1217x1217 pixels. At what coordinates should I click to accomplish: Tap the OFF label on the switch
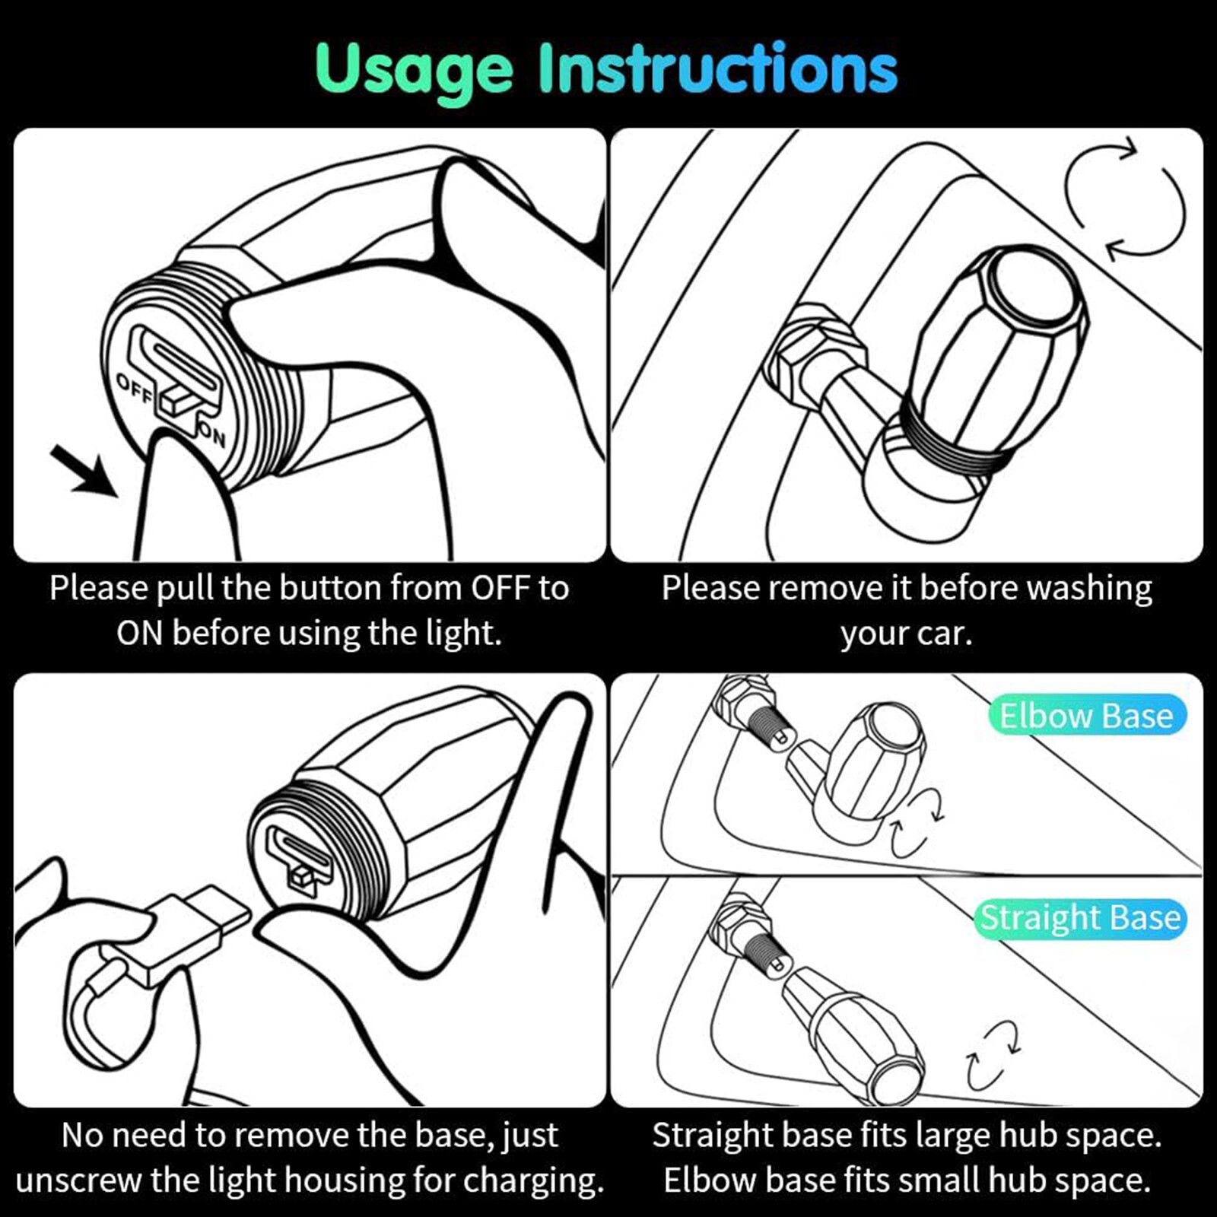135,389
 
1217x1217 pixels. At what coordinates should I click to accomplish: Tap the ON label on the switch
213,436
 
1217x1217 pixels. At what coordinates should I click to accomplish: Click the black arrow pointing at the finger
84,472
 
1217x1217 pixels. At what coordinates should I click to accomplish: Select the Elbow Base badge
1087,716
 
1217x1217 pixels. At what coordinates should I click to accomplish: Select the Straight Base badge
1080,918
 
